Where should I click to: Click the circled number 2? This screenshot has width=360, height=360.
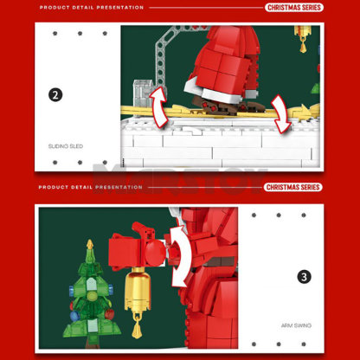pos(55,95)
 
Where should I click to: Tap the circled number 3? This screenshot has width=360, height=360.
pos(304,277)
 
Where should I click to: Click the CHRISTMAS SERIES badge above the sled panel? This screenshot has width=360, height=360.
pos(292,8)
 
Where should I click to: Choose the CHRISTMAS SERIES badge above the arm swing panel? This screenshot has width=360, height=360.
pos(292,187)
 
